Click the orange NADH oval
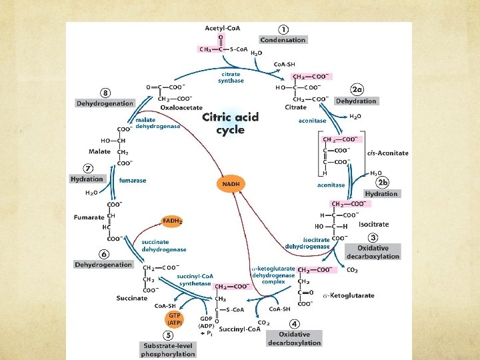[231, 183]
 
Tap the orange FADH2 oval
[172, 221]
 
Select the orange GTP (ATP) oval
[175, 319]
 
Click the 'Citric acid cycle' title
[230, 123]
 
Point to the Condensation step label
[283, 40]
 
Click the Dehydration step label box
[356, 101]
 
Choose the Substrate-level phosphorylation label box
[168, 350]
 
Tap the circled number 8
[105, 92]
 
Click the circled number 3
[373, 238]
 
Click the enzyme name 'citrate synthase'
[231, 77]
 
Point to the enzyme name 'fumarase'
[133, 180]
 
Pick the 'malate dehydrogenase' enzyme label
[157, 123]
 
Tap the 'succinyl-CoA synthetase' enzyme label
[195, 279]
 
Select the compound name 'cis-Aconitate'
[387, 153]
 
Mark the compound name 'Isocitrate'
[373, 225]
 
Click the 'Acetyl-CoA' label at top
[223, 27]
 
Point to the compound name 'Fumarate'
[89, 217]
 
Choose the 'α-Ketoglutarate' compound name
[348, 295]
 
